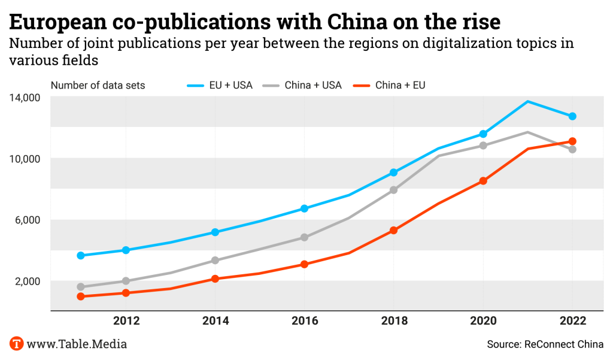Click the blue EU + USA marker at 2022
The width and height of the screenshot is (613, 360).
[x=572, y=116]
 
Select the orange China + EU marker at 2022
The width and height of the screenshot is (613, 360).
[x=572, y=141]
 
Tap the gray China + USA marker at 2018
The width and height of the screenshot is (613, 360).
[x=393, y=190]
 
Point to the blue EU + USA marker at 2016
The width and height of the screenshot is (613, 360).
[x=304, y=208]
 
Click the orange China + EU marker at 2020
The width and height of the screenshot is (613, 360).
[x=483, y=181]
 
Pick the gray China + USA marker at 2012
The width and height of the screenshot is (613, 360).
[x=126, y=281]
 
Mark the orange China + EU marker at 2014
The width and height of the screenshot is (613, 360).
[x=215, y=279]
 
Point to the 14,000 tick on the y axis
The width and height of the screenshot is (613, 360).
[x=25, y=97]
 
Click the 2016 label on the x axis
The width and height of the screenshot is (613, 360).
[x=304, y=321]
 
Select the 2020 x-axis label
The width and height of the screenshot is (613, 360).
[x=483, y=321]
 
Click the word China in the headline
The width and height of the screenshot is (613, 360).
[x=360, y=22]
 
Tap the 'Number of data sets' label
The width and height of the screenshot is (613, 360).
[x=98, y=85]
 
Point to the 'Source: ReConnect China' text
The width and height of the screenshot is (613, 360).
[x=545, y=344]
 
